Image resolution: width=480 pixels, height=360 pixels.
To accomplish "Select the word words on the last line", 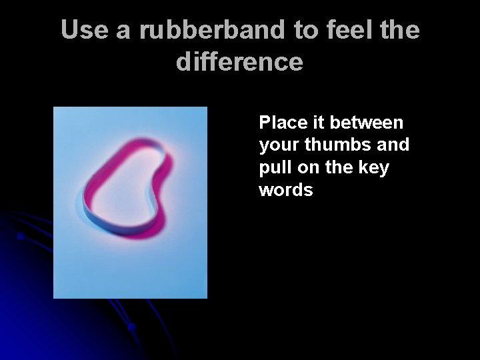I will [286, 191].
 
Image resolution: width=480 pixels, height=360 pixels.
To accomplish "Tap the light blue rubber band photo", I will [130, 260].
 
